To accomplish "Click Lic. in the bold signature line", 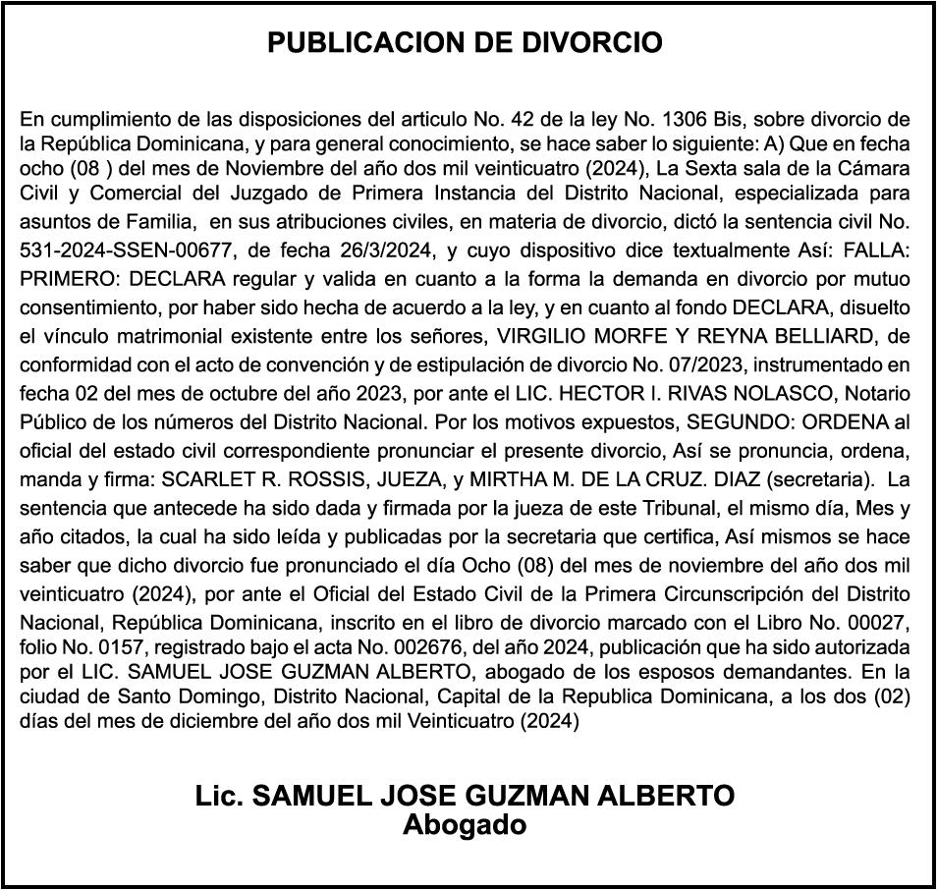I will [220, 796].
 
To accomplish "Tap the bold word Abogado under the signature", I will [465, 824].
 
